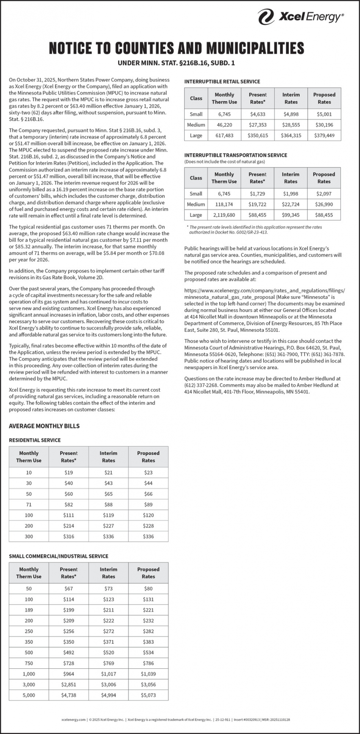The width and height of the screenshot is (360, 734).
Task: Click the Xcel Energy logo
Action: coord(301,17)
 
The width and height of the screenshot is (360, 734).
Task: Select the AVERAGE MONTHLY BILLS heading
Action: coord(44,426)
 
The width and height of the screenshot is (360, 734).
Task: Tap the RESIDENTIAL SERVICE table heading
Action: coord(35,440)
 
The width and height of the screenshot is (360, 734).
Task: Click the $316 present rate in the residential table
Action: coord(69,537)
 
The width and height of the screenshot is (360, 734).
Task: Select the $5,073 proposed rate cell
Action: coord(148,695)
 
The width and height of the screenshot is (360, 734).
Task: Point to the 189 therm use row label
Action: coord(29,609)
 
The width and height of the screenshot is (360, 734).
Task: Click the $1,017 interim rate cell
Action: coord(108,674)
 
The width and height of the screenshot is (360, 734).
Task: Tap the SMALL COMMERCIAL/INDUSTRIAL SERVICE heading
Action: coord(58,556)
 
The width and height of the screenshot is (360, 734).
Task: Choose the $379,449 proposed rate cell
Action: coord(324,136)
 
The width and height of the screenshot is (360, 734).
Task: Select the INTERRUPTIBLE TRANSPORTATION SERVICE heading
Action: coord(235,155)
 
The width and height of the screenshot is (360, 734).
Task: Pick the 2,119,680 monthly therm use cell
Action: coord(224,215)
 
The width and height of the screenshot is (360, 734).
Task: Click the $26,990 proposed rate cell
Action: coord(324,204)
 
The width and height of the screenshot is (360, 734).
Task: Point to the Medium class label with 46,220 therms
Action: coord(196,125)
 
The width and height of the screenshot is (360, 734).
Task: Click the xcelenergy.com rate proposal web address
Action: coord(264,294)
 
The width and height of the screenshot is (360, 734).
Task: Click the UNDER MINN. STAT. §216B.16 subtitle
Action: coord(176,64)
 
